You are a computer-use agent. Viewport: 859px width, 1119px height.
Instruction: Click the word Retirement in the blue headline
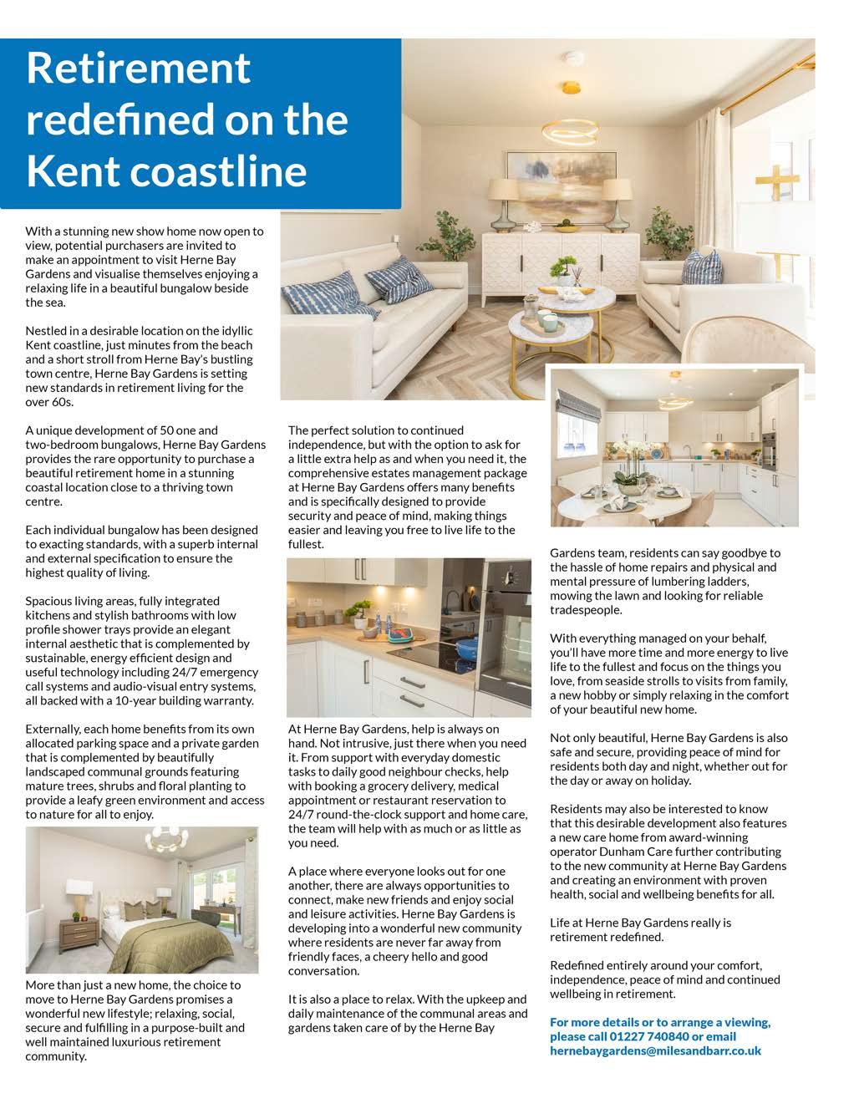(138, 68)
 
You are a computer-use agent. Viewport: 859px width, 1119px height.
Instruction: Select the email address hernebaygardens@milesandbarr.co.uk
(655, 1051)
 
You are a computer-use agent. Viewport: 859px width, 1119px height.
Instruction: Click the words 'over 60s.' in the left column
(49, 402)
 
